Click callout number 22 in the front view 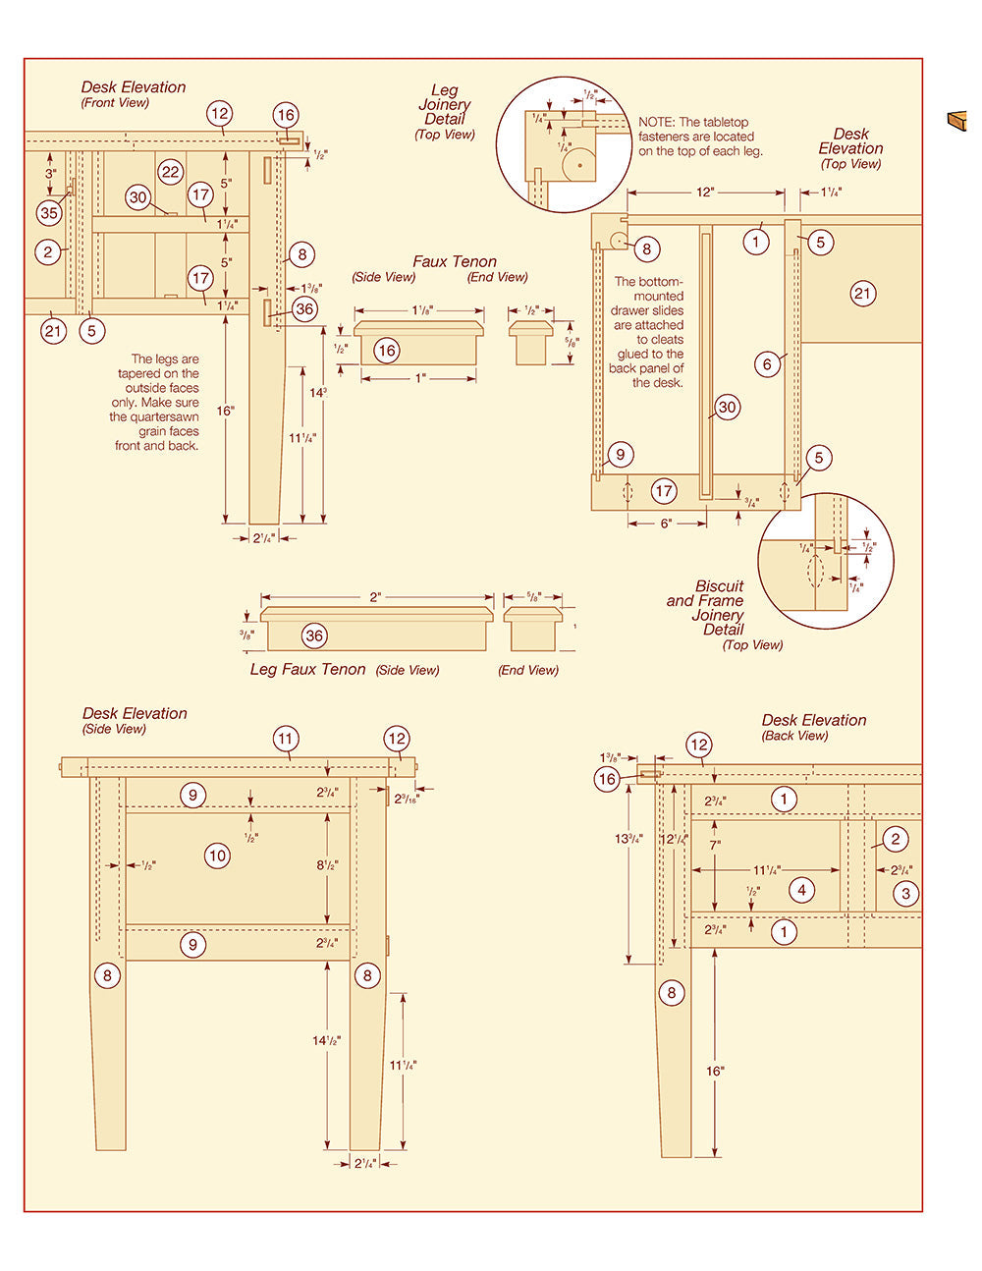point(171,172)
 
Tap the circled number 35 point(49,212)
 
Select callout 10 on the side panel point(217,856)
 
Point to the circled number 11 point(286,739)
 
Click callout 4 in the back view point(802,890)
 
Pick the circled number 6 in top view point(768,363)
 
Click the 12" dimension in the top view point(705,193)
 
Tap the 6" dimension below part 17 point(666,524)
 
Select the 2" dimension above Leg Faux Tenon point(376,597)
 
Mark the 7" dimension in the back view point(715,845)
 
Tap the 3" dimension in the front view point(50,173)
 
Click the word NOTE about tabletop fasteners point(656,123)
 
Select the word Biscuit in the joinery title point(720,586)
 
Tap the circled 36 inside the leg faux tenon point(314,635)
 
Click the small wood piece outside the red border point(956,120)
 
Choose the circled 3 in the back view point(905,893)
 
